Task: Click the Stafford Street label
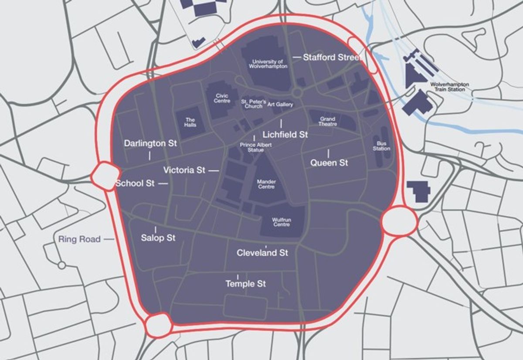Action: tap(332, 57)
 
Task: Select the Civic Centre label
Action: tap(222, 98)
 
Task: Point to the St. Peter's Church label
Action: tap(253, 104)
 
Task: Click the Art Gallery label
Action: tap(280, 105)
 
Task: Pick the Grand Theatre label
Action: tap(327, 121)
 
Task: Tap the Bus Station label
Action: tap(381, 146)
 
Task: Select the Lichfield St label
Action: tap(285, 135)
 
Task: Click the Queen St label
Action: tap(329, 163)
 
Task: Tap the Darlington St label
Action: tap(150, 143)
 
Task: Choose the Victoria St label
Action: tap(184, 170)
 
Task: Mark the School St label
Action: tap(135, 183)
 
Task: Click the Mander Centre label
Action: tap(266, 184)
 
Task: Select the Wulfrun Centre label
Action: tap(281, 222)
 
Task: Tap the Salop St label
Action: tap(158, 238)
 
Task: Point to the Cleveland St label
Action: tap(262, 253)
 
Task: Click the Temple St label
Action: tap(245, 284)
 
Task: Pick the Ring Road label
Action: tap(79, 239)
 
